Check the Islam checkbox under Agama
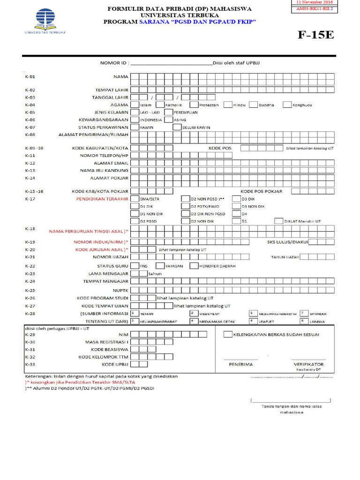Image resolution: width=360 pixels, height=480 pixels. [135, 105]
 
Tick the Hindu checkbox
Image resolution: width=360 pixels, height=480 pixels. [228, 105]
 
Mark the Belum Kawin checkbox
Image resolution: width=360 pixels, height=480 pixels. [178, 127]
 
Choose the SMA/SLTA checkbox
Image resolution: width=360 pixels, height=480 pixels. [135, 199]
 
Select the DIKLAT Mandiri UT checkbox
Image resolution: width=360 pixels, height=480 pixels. [279, 221]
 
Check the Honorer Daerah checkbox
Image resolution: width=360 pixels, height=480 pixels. [194, 266]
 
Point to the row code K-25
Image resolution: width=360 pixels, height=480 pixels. [30, 290]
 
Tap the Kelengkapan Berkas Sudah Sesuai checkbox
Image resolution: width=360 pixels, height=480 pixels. [228, 335]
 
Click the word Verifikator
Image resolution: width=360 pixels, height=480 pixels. [308, 364]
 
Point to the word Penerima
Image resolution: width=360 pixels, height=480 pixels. [240, 364]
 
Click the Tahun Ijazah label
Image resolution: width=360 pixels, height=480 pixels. [285, 257]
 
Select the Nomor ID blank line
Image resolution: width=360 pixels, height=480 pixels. [171, 62]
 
